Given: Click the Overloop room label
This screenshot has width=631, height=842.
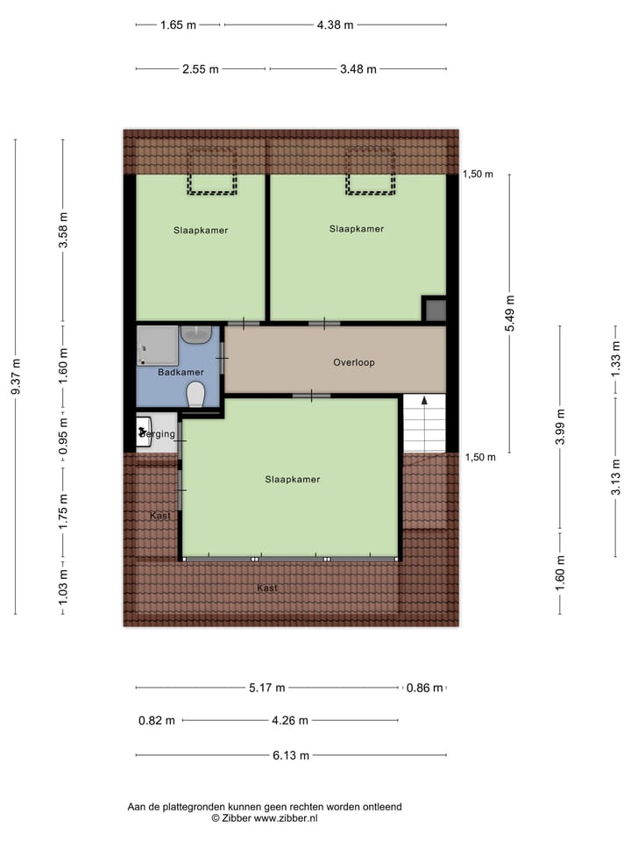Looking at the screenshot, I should [x=354, y=362].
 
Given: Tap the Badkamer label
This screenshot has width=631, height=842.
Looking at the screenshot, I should [x=181, y=373].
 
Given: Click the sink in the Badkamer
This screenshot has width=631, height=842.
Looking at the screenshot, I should [x=197, y=334].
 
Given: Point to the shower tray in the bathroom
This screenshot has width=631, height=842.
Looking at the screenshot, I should [x=157, y=345].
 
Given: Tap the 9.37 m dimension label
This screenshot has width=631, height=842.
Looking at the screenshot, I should [x=15, y=375].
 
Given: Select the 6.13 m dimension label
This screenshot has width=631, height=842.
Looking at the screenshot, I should [x=291, y=754].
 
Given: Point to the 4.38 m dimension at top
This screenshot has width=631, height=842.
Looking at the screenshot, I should [x=335, y=25].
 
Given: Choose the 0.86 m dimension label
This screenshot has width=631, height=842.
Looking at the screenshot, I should [x=425, y=688].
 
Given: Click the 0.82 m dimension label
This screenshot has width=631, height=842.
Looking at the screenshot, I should [x=157, y=721].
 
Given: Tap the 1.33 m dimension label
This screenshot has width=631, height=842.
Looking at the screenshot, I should [x=615, y=358].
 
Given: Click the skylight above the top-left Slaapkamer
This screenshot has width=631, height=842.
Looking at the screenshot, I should [x=212, y=171].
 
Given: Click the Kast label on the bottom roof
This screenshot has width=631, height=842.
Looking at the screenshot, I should [x=267, y=589].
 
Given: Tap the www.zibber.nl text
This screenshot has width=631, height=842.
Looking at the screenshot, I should [x=285, y=817].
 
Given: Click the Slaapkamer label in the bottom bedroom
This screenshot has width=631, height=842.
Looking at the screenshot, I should [x=293, y=480].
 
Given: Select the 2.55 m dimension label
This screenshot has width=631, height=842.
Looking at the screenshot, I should [x=201, y=69].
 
